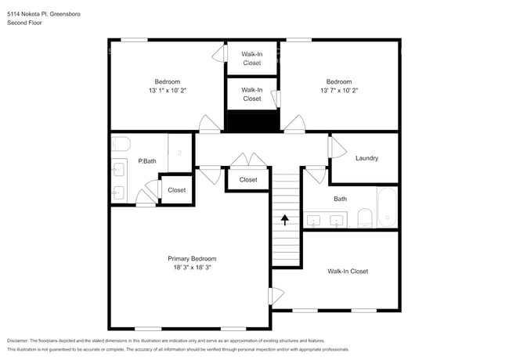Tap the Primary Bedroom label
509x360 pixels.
(x=192, y=258)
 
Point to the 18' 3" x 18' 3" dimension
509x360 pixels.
(x=192, y=268)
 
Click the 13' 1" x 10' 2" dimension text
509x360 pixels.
(x=167, y=91)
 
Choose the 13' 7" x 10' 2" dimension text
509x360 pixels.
(x=338, y=91)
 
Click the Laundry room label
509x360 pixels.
(x=366, y=158)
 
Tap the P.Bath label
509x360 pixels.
(x=147, y=162)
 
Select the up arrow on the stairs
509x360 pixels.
(x=285, y=220)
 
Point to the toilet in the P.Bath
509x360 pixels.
(x=120, y=143)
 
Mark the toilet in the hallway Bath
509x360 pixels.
(x=364, y=218)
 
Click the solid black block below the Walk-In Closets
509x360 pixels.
(x=251, y=121)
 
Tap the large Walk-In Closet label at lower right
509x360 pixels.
(x=348, y=272)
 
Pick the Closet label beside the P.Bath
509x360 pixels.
(x=176, y=190)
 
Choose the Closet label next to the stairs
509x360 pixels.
(x=248, y=180)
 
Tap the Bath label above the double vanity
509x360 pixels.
(x=340, y=199)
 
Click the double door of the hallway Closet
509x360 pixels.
(x=248, y=160)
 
